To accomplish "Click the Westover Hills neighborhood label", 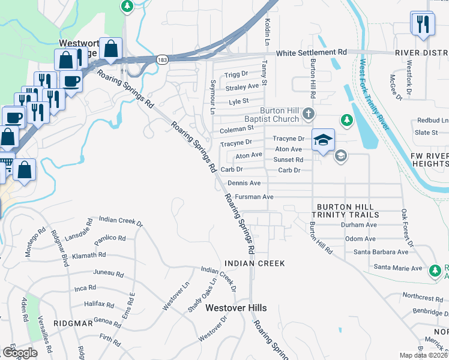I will (236, 308).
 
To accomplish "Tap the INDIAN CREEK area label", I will (255, 263).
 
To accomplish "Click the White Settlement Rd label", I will (312, 53).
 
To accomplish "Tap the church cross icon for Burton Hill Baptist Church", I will (308, 113).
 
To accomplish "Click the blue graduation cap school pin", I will (323, 141).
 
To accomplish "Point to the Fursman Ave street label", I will (254, 197).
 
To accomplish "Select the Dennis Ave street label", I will (244, 183).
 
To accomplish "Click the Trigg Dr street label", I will (236, 74).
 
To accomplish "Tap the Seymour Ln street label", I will (212, 97).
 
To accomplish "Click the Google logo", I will (20, 353).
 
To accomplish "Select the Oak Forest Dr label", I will (406, 228).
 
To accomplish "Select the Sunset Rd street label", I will (288, 160).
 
